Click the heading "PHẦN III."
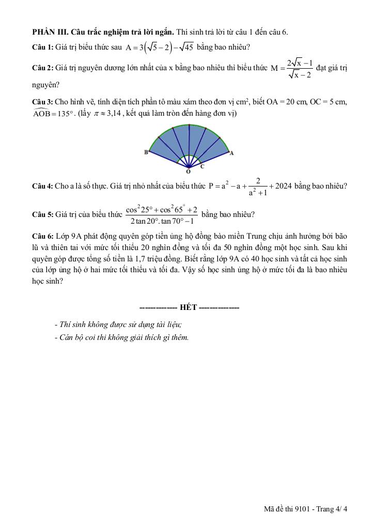coord(50,32)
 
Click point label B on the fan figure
coord(146,152)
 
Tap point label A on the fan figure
coord(231,152)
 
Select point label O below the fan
coord(188,171)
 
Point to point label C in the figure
coord(202,166)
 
